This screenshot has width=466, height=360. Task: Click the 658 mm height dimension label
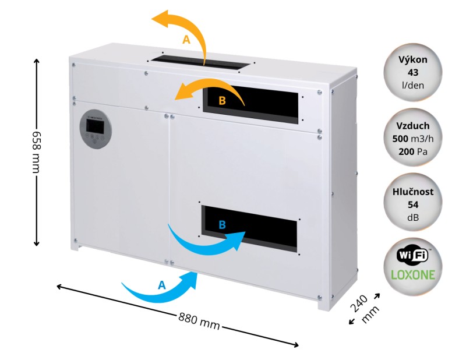click(x=36, y=151)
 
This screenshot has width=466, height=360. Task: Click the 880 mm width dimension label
click(x=199, y=321)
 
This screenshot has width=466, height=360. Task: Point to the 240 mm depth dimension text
click(x=365, y=309)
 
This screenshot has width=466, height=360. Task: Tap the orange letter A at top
click(x=186, y=40)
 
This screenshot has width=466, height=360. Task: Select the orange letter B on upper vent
click(x=222, y=101)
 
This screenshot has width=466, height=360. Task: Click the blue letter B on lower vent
click(x=222, y=225)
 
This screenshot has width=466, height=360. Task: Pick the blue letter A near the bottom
click(x=161, y=285)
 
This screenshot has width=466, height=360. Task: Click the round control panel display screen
click(x=95, y=126)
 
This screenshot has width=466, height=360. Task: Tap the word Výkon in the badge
click(x=413, y=59)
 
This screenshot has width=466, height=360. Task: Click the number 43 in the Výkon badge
click(x=413, y=73)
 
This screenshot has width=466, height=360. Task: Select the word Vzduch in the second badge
click(x=413, y=126)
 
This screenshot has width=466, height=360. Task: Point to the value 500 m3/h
click(x=413, y=139)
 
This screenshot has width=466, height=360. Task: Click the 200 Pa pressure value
click(x=413, y=151)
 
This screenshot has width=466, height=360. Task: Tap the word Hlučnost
click(x=413, y=192)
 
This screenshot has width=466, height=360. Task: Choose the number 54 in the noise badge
click(x=413, y=205)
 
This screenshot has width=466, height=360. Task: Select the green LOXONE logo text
click(x=413, y=275)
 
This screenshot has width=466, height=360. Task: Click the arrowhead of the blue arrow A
click(x=190, y=280)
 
